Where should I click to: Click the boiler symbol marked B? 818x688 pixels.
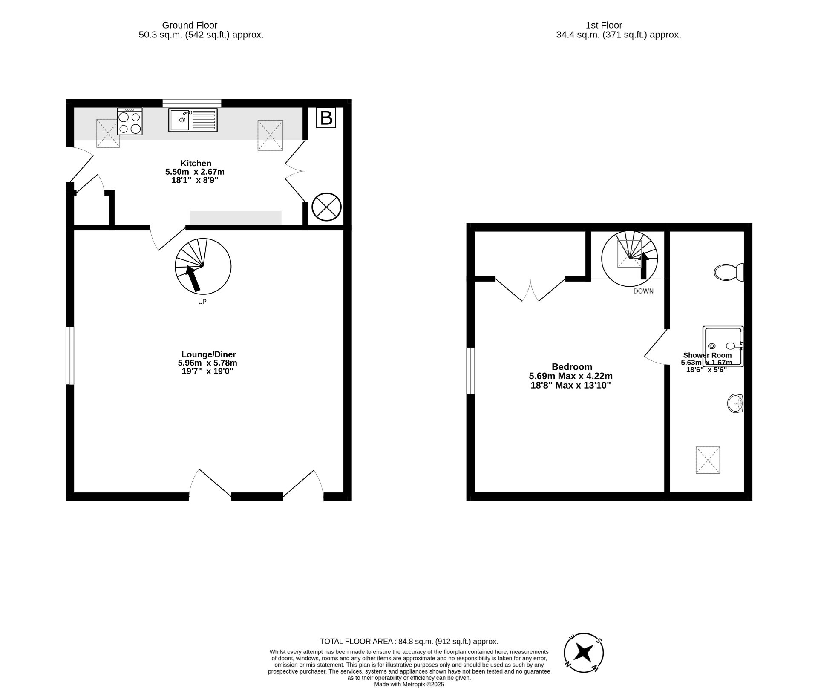pyautogui.click(x=326, y=118)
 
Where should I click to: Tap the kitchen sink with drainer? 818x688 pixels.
pyautogui.click(x=193, y=120)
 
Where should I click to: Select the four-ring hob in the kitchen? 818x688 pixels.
pyautogui.click(x=130, y=121)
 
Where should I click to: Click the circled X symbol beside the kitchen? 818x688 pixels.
pyautogui.click(x=326, y=207)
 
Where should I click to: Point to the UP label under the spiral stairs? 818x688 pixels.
pyautogui.click(x=202, y=302)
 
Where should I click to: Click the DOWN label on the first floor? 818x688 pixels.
pyautogui.click(x=643, y=291)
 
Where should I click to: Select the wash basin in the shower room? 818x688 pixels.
pyautogui.click(x=735, y=403)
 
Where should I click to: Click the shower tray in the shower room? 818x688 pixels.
pyautogui.click(x=723, y=346)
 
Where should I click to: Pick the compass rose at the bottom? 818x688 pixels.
pyautogui.click(x=584, y=653)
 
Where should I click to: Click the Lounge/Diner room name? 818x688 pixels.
pyautogui.click(x=208, y=354)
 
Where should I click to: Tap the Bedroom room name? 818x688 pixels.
pyautogui.click(x=572, y=367)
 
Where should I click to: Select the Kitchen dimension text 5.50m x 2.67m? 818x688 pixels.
pyautogui.click(x=195, y=172)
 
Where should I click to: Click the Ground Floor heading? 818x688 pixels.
pyautogui.click(x=190, y=26)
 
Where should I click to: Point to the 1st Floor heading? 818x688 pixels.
pyautogui.click(x=604, y=26)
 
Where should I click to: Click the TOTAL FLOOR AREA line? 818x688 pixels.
pyautogui.click(x=409, y=642)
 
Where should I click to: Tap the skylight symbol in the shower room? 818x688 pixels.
pyautogui.click(x=708, y=460)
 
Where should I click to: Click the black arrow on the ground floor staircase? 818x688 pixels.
pyautogui.click(x=193, y=278)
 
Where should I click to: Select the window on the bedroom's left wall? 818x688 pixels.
pyautogui.click(x=470, y=371)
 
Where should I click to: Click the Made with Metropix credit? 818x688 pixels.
pyautogui.click(x=409, y=685)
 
